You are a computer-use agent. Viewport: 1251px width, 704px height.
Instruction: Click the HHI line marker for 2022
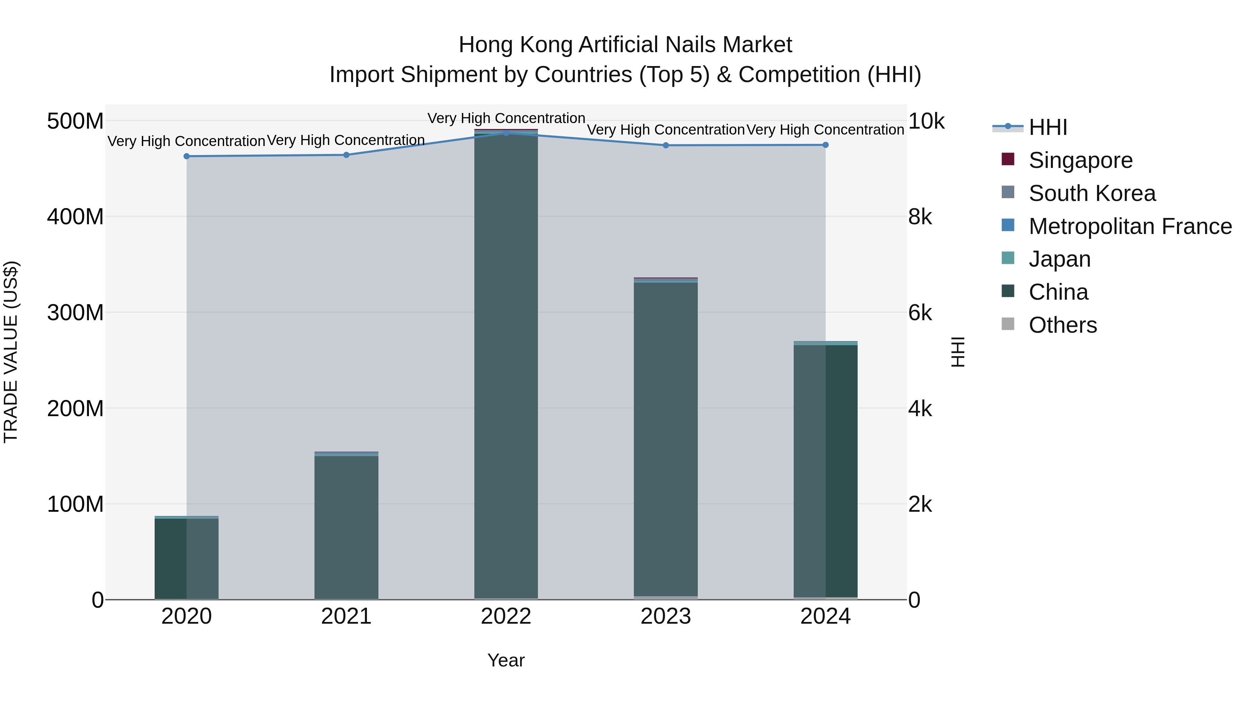(x=506, y=133)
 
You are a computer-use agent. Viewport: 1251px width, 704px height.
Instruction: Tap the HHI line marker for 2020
(x=187, y=156)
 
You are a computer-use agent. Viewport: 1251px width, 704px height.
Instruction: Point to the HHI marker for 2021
(x=346, y=155)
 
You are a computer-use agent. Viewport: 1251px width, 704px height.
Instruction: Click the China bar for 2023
(x=665, y=437)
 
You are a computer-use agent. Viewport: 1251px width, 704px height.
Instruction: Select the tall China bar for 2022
(x=506, y=364)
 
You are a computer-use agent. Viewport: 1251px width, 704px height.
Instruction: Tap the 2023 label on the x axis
(x=665, y=616)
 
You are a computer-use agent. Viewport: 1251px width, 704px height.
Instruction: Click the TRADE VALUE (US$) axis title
(x=11, y=352)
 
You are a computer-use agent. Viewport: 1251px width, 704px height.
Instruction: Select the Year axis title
(x=506, y=660)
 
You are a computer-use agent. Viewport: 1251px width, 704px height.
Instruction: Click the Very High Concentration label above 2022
(x=506, y=118)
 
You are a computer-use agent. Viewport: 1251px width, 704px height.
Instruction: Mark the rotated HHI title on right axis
(x=957, y=352)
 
